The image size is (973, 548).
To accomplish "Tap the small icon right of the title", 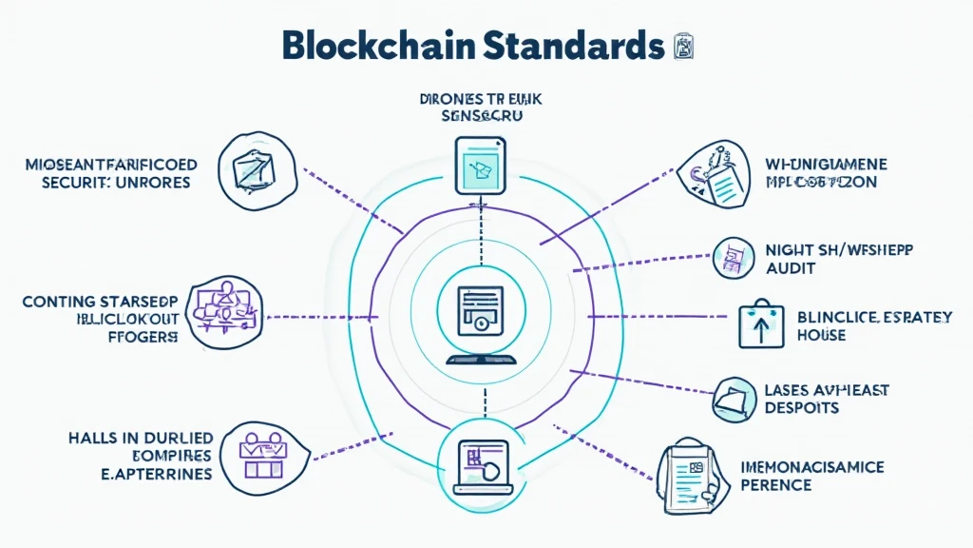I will [x=682, y=45].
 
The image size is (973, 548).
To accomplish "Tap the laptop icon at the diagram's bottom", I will [x=483, y=460].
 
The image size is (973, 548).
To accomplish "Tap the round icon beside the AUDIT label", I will [x=734, y=257].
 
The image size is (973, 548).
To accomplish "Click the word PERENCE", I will [x=775, y=485].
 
